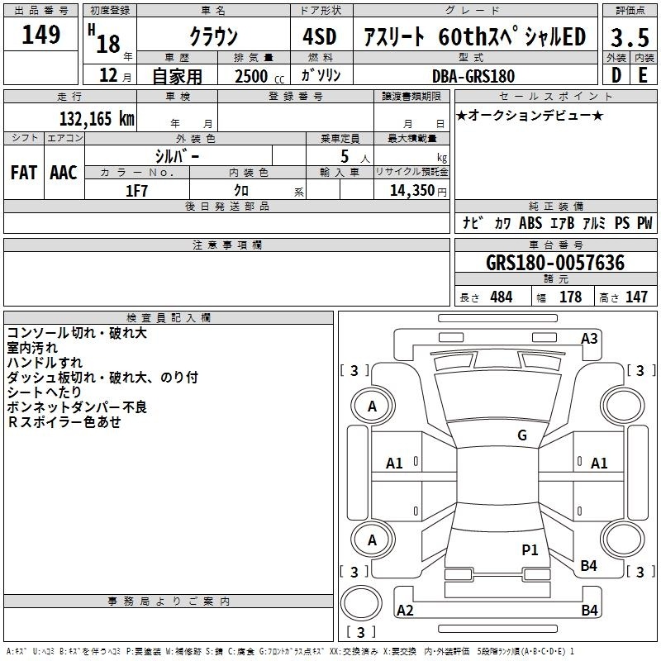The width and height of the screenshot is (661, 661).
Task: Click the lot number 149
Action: tap(41, 35)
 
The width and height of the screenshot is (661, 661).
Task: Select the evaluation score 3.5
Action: tap(628, 37)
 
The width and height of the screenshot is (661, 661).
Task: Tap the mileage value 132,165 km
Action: tap(97, 118)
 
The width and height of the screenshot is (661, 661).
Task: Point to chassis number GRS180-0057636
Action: tap(555, 263)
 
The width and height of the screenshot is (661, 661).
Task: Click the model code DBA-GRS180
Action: tap(473, 76)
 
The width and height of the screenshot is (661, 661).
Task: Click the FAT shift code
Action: tap(23, 173)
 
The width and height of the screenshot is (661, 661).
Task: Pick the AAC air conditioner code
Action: tap(64, 173)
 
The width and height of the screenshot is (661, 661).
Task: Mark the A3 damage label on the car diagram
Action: tap(589, 338)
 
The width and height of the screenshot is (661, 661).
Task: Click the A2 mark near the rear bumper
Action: tap(405, 611)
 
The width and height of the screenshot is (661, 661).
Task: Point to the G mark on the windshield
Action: tap(521, 435)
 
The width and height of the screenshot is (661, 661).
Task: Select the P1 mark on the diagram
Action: tap(530, 549)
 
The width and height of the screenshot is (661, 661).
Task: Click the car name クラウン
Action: tap(213, 37)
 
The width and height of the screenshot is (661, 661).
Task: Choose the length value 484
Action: tap(501, 297)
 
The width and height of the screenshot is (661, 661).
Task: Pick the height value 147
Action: tap(636, 297)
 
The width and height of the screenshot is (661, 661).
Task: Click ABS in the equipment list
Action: tap(530, 223)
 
